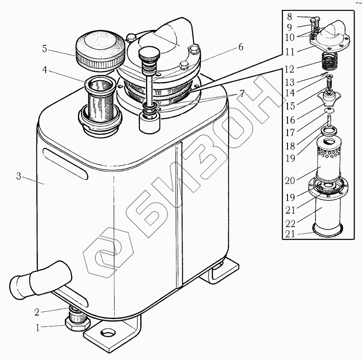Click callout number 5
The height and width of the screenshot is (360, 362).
click(44, 49)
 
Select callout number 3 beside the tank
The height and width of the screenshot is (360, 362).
click(19, 176)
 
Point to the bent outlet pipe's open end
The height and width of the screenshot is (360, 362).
click(18, 285)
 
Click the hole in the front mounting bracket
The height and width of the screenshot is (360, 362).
click(105, 335)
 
